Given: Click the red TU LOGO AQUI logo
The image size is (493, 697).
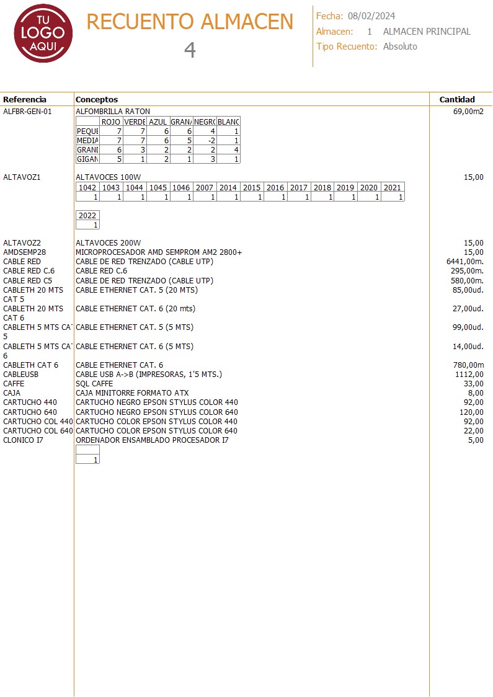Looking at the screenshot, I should [43, 33].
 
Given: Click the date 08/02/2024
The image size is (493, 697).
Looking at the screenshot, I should [371, 16].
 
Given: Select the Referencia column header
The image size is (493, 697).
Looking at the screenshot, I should [25, 99].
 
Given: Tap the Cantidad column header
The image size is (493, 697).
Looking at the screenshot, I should [457, 99].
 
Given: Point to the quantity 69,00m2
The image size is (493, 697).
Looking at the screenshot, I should [468, 112].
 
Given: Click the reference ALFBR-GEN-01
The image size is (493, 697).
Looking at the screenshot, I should [27, 112].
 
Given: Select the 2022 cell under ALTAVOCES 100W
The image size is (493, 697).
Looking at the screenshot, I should [87, 216].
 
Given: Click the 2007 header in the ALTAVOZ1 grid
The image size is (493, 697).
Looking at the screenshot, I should [205, 188].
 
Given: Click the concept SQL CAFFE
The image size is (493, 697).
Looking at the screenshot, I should [94, 384].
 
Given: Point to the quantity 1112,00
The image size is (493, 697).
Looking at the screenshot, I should [469, 375].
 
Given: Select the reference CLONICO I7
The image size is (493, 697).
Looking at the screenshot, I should [24, 440].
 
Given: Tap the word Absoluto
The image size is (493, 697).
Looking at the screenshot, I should [400, 47].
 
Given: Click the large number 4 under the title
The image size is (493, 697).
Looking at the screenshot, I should [190, 50].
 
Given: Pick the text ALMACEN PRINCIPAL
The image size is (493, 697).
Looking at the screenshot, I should [427, 32].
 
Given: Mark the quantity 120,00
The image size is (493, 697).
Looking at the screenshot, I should [471, 412].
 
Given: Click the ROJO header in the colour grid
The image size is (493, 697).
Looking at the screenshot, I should [110, 122].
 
